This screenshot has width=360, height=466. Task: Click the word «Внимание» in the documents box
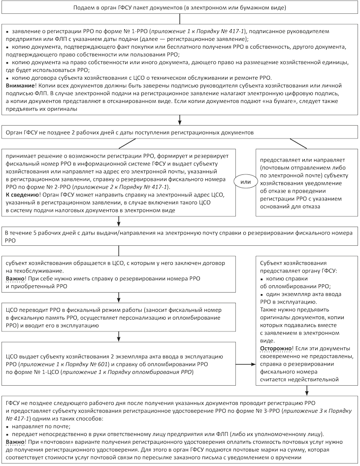[19, 85]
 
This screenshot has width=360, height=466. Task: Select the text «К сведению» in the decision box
[22, 195]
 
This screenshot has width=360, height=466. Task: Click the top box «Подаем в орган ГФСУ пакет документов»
[179, 8]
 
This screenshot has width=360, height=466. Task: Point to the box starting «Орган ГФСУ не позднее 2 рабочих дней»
[179, 133]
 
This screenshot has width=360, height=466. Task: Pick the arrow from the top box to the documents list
[179, 19]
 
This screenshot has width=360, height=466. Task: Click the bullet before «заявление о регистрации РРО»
[8, 31]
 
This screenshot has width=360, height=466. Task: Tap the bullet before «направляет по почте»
[8, 425]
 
